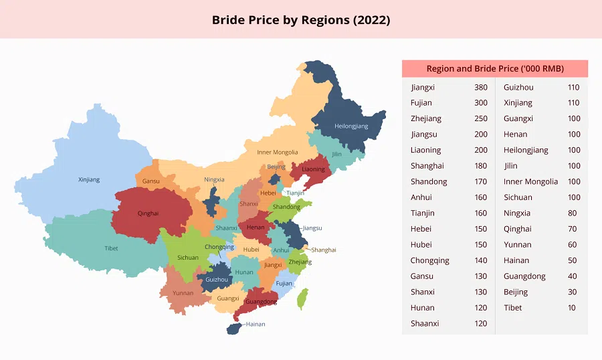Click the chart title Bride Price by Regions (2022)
(301, 20)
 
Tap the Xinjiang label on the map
(89, 179)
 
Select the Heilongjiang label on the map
(350, 126)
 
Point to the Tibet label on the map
(111, 248)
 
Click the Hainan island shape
(233, 329)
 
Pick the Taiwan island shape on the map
(302, 298)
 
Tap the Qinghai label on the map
(148, 213)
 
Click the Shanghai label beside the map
(324, 250)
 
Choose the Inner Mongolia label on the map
(277, 153)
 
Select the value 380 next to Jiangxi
(480, 87)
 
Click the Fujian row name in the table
(421, 103)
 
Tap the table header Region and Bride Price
(495, 69)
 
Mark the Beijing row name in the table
(516, 292)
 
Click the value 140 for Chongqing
(480, 260)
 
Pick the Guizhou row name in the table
(518, 87)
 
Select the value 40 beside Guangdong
(573, 276)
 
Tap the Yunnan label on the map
(183, 293)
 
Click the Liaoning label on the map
(313, 169)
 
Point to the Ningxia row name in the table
(517, 213)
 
